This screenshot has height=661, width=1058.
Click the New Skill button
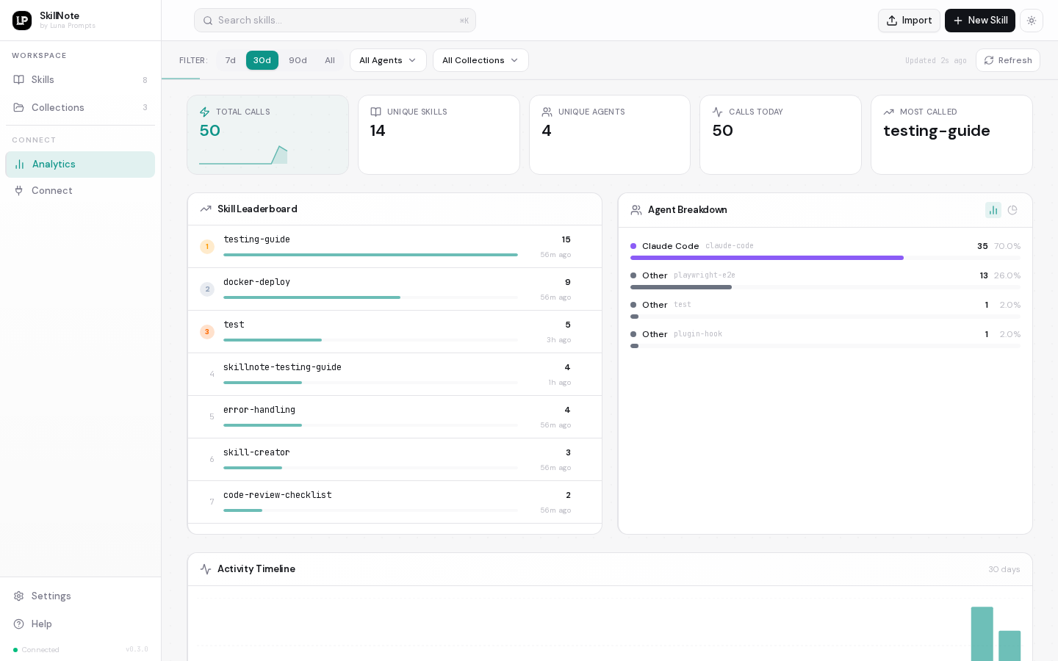tap(979, 21)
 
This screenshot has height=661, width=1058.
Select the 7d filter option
tap(230, 60)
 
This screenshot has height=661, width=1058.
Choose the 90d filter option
tap(298, 60)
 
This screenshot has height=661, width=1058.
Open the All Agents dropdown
tap(388, 60)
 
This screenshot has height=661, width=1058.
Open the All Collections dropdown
tap(481, 60)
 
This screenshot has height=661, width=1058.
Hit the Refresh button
tap(1007, 60)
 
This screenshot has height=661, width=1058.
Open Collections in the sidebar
tap(58, 107)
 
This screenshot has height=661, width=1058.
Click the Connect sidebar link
tap(51, 190)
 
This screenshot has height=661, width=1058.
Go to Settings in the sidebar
tap(51, 596)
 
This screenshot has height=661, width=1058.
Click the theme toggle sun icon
tap(1032, 21)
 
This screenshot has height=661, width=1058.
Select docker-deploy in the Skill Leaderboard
tap(256, 282)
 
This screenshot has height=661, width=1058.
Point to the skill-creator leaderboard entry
tap(256, 452)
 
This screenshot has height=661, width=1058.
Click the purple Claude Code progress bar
tap(766, 258)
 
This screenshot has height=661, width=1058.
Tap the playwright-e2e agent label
tap(704, 275)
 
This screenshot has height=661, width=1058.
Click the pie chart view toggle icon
tap(1012, 210)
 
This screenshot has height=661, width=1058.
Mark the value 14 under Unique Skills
tap(378, 131)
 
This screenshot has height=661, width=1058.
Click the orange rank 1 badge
tap(207, 247)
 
